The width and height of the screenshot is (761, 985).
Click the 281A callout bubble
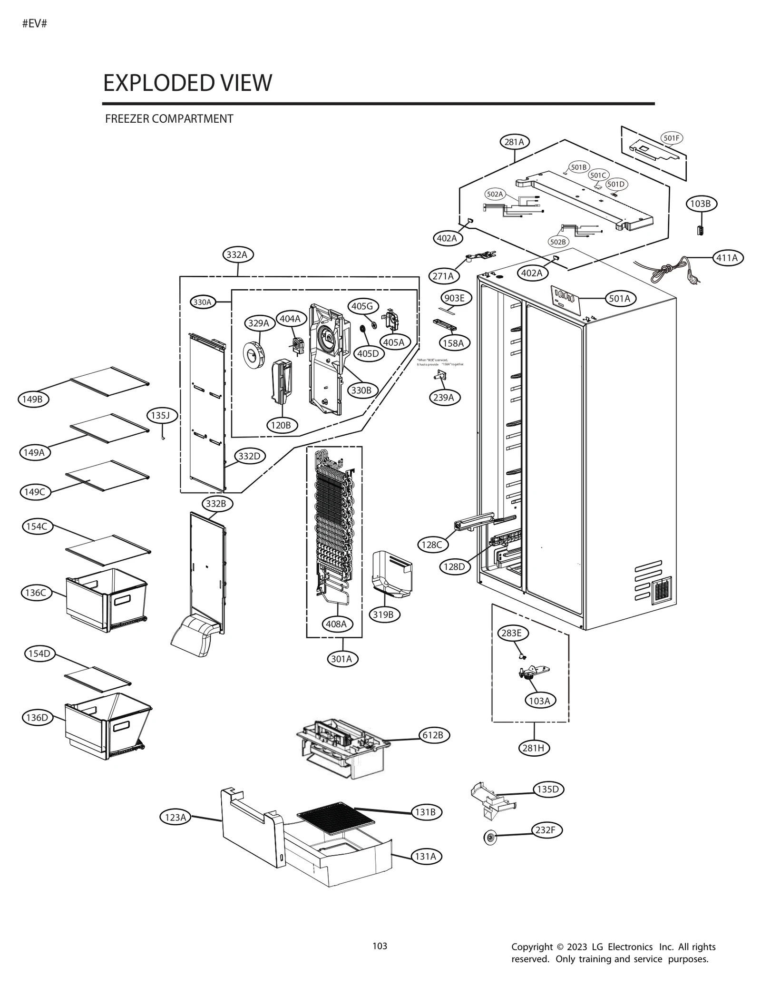click(x=514, y=142)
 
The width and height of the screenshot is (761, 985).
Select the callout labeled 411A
click(x=727, y=258)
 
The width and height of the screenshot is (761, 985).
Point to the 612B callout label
click(x=433, y=735)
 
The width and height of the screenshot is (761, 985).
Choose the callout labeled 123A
click(x=175, y=817)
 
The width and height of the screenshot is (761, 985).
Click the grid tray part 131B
click(x=335, y=818)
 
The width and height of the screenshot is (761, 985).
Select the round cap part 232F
click(x=489, y=838)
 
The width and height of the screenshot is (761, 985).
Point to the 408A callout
click(x=336, y=624)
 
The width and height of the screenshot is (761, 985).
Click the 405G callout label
click(x=362, y=306)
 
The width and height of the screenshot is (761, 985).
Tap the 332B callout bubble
click(x=215, y=503)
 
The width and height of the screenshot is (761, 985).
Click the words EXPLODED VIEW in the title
click(x=187, y=83)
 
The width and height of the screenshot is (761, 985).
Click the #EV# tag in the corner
click(x=35, y=24)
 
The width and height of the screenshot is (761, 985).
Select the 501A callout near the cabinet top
click(x=619, y=298)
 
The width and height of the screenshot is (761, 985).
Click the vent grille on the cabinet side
click(x=661, y=590)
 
